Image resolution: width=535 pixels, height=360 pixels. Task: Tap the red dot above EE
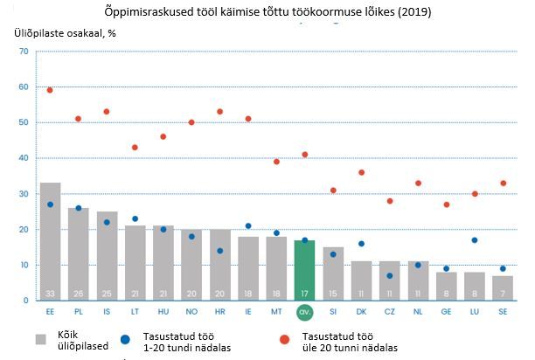pyautogui.click(x=50, y=90)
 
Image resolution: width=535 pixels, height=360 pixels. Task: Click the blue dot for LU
pyautogui.click(x=474, y=239)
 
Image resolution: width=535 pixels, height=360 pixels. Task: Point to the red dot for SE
pyautogui.click(x=503, y=183)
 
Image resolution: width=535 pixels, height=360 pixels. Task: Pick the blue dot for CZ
pyautogui.click(x=389, y=275)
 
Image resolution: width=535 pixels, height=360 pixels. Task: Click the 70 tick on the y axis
pyautogui.click(x=24, y=52)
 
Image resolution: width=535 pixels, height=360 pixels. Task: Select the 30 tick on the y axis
pyautogui.click(x=24, y=194)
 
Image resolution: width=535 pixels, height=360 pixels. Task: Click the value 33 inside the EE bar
pyautogui.click(x=50, y=292)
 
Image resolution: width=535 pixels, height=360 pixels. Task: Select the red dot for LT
pyautogui.click(x=135, y=147)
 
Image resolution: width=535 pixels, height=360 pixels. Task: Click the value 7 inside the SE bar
pyautogui.click(x=503, y=292)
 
